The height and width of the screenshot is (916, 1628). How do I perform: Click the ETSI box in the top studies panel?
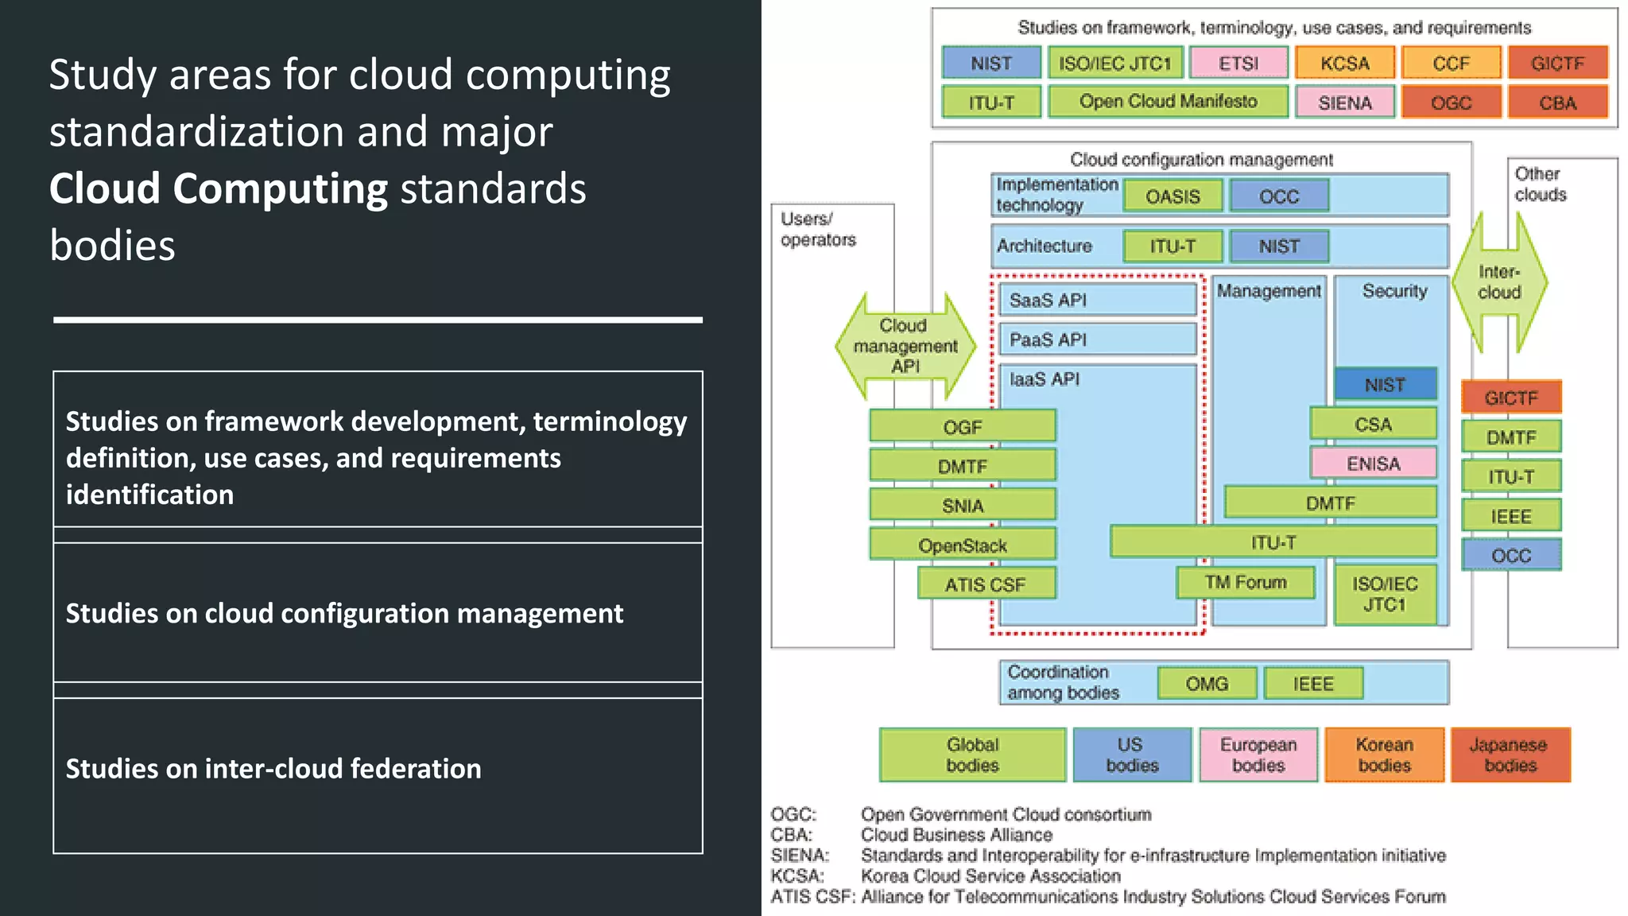tap(1238, 63)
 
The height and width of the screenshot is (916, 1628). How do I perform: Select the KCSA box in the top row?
tap(1344, 63)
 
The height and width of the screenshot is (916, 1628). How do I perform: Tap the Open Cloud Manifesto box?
tap(1168, 102)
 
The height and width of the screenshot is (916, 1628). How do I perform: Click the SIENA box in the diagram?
tap(1344, 103)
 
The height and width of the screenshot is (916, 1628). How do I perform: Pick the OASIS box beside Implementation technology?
tap(1173, 196)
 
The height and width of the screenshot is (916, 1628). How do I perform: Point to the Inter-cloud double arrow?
tap(1499, 282)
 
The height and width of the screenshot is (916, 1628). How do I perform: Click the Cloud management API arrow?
tap(905, 346)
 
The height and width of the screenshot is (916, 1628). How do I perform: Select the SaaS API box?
tap(1097, 300)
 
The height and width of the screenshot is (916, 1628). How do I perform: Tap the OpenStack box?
tap(962, 545)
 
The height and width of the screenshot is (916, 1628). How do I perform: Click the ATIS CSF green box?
tap(986, 584)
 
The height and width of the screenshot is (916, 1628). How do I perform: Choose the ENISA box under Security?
tap(1373, 464)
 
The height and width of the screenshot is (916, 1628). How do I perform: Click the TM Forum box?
tap(1245, 583)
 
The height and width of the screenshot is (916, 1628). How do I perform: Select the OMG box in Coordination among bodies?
tap(1207, 684)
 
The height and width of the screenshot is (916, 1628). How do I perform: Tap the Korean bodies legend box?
tap(1384, 755)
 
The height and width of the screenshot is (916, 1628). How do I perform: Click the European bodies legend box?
tap(1258, 755)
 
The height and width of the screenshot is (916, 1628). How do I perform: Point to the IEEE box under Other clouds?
tap(1510, 516)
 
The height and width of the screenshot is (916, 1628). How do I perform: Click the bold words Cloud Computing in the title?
tap(219, 189)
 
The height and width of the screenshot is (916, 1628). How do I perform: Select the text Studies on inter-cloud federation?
tap(273, 769)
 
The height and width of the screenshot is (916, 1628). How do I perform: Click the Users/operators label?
tap(818, 229)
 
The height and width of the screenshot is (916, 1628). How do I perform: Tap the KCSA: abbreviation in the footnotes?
tap(797, 875)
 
